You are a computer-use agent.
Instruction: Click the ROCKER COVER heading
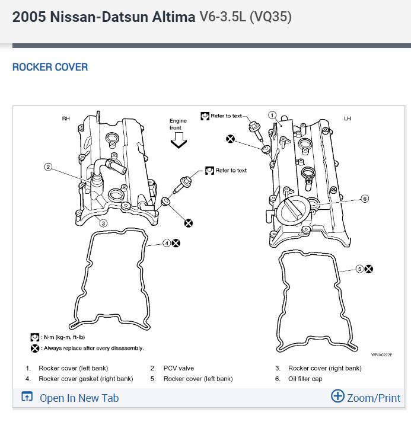pyautogui.click(x=50, y=67)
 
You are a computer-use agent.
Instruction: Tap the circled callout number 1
pyautogui.click(x=273, y=115)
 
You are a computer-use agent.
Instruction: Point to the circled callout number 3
pyautogui.click(x=103, y=223)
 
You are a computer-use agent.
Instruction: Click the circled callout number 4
pyautogui.click(x=167, y=243)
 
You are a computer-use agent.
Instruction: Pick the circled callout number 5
pyautogui.click(x=359, y=268)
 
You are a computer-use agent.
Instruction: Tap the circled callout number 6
pyautogui.click(x=365, y=199)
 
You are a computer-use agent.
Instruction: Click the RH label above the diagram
pyautogui.click(x=66, y=119)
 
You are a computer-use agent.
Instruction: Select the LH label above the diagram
pyautogui.click(x=348, y=119)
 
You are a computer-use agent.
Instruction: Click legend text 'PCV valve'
pyautogui.click(x=179, y=368)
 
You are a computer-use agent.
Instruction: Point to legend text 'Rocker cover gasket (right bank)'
pyautogui.click(x=85, y=379)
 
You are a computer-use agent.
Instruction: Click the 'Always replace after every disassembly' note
pyautogui.click(x=92, y=348)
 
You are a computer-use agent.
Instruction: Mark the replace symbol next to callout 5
pyautogui.click(x=369, y=268)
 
